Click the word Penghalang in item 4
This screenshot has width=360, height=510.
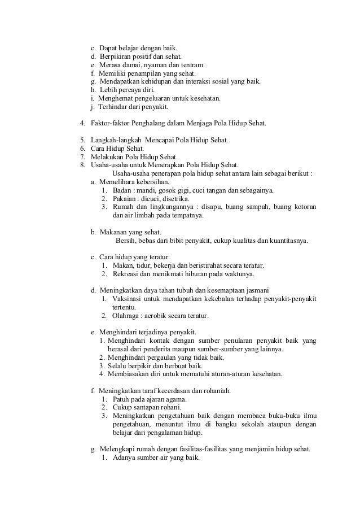[x=153, y=123]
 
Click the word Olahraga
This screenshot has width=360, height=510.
[x=128, y=315]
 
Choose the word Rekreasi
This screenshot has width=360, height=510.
[x=128, y=274]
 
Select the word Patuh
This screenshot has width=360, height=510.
[x=122, y=399]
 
